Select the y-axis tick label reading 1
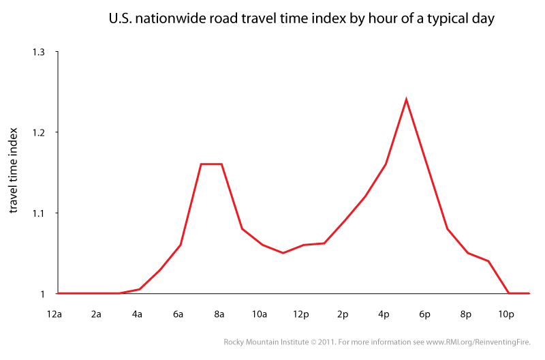[x=42, y=294]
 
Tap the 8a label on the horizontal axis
[x=220, y=314]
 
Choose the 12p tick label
[x=302, y=314]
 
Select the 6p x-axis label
[x=424, y=314]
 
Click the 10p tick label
[x=506, y=314]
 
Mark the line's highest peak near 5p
[x=406, y=100]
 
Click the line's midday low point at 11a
[x=283, y=253]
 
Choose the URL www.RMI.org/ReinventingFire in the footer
[x=480, y=342]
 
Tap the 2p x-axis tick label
[x=343, y=314]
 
